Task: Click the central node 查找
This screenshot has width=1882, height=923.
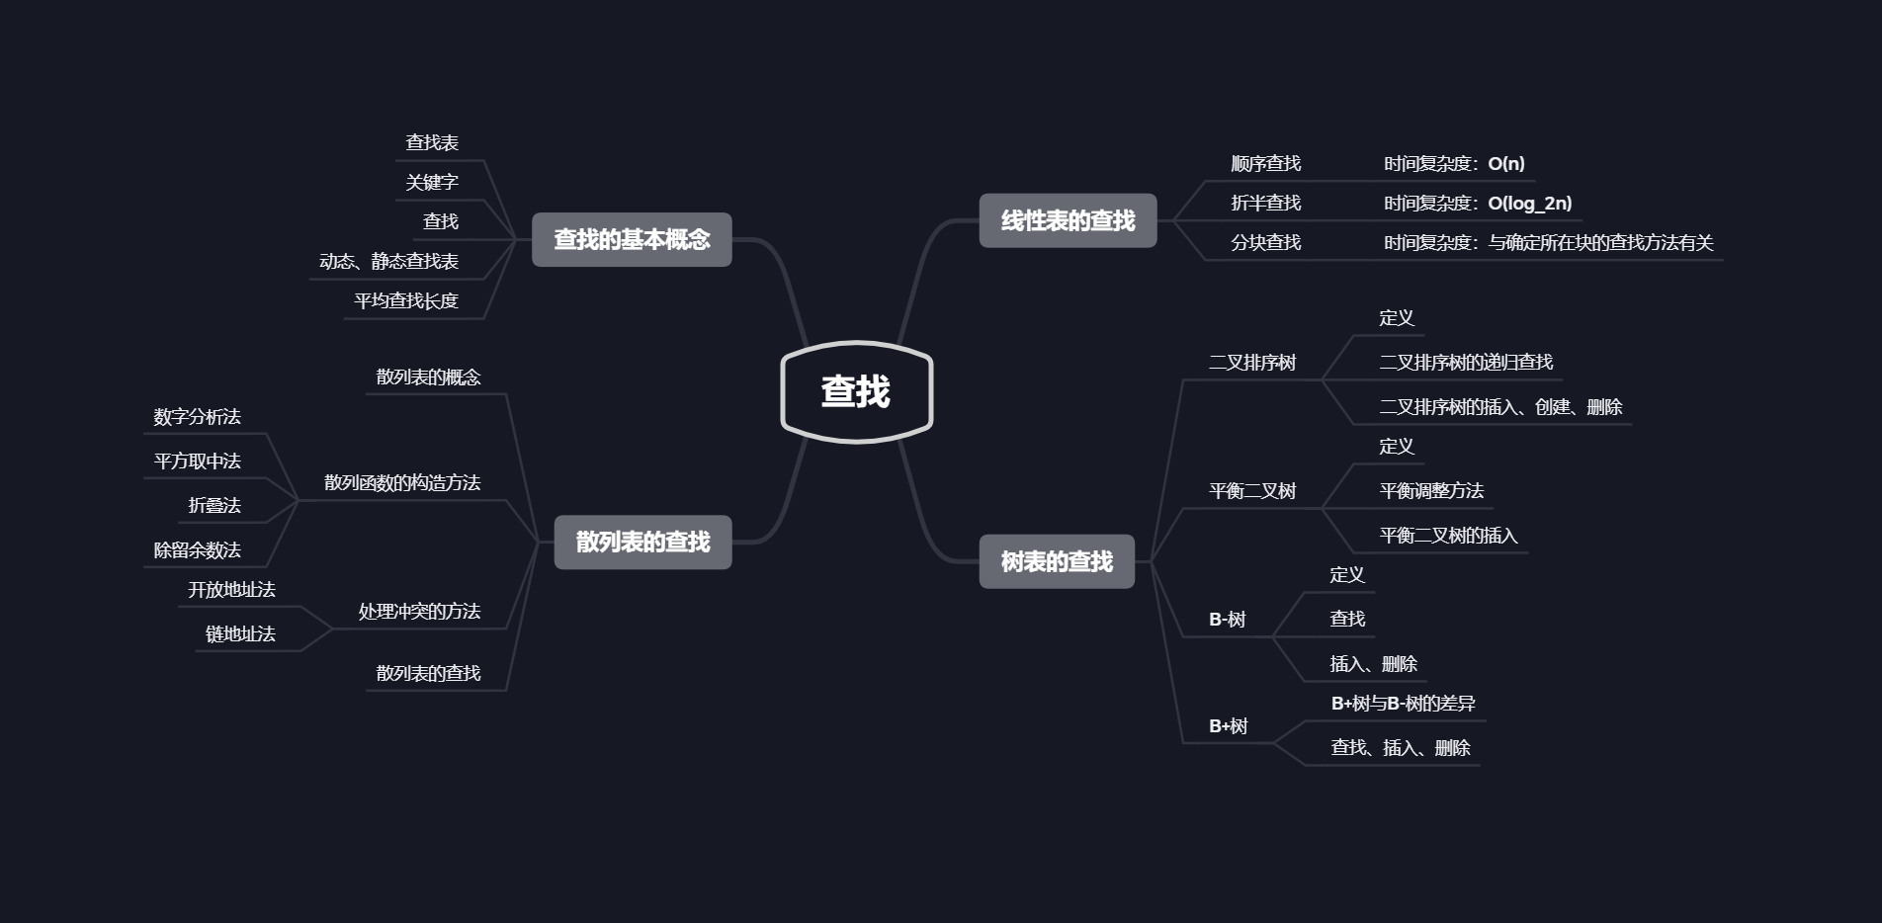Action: pyautogui.click(x=856, y=391)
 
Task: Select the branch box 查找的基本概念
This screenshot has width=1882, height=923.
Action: pyautogui.click(x=632, y=239)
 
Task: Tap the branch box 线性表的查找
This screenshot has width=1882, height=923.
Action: pyautogui.click(x=1068, y=220)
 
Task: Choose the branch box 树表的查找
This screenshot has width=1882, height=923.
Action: pyautogui.click(x=1057, y=561)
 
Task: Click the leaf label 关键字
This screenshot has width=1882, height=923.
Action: pyautogui.click(x=432, y=182)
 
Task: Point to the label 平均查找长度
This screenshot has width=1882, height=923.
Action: pyautogui.click(x=406, y=300)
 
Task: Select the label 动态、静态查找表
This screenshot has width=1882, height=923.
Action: pyautogui.click(x=388, y=261)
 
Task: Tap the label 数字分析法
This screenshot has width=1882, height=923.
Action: pyautogui.click(x=197, y=416)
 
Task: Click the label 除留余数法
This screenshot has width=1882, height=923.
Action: pyautogui.click(x=197, y=549)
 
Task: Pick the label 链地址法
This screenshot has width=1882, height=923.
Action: pyautogui.click(x=240, y=633)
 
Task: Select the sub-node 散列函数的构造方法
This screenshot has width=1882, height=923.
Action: pyautogui.click(x=402, y=482)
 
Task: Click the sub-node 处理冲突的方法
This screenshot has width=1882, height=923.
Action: pyautogui.click(x=419, y=611)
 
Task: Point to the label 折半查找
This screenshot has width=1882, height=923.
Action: pyautogui.click(x=1265, y=203)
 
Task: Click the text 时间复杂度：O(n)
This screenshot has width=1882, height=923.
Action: pyautogui.click(x=1454, y=163)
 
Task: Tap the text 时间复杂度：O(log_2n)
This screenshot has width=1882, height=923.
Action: pyautogui.click(x=1478, y=203)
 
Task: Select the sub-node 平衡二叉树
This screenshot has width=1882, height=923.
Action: pyautogui.click(x=1252, y=490)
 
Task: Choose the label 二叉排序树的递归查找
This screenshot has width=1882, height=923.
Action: pyautogui.click(x=1466, y=362)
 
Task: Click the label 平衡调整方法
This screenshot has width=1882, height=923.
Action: pyautogui.click(x=1431, y=490)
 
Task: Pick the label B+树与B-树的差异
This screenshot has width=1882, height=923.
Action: pyautogui.click(x=1403, y=703)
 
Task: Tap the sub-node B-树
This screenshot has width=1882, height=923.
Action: pyautogui.click(x=1228, y=619)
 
